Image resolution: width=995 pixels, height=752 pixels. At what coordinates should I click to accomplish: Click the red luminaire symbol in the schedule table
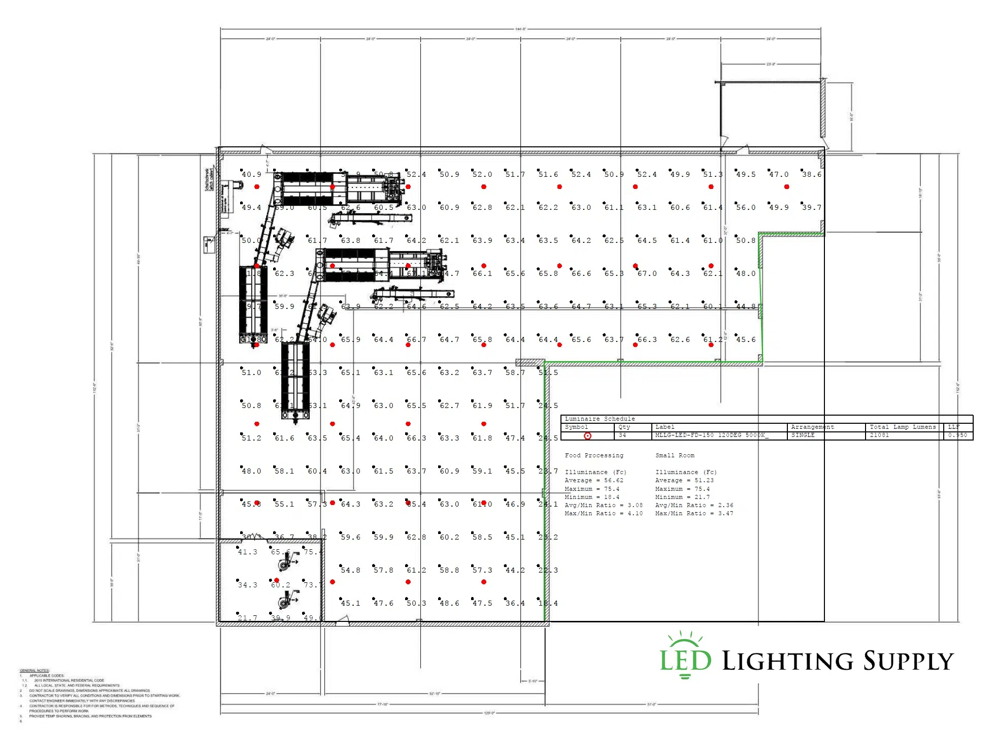pos(587,436)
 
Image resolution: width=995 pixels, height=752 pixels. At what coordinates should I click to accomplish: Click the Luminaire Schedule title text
pos(600,419)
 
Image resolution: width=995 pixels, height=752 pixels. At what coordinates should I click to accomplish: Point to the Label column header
pos(665,427)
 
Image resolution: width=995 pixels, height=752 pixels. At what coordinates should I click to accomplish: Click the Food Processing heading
pos(594,456)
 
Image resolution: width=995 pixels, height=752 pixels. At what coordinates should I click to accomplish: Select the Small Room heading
pos(675,456)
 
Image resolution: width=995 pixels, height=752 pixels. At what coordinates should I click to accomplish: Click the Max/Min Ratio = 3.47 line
pos(694,514)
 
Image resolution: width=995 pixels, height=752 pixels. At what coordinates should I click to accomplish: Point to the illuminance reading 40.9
pos(251,175)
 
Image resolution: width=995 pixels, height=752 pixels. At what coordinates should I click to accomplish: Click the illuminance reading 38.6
pos(812,175)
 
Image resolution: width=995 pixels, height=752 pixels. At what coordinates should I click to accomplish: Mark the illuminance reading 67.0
pos(647,274)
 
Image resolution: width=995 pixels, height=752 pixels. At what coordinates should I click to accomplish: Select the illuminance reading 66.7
pos(416,340)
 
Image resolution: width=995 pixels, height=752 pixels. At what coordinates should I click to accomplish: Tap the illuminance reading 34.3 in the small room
pos(248,585)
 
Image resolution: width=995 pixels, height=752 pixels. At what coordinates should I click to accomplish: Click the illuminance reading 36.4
pos(515,604)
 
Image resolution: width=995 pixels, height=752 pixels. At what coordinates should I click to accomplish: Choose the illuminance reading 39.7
pos(812,208)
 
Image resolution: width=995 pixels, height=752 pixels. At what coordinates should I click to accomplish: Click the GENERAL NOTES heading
pos(35,671)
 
